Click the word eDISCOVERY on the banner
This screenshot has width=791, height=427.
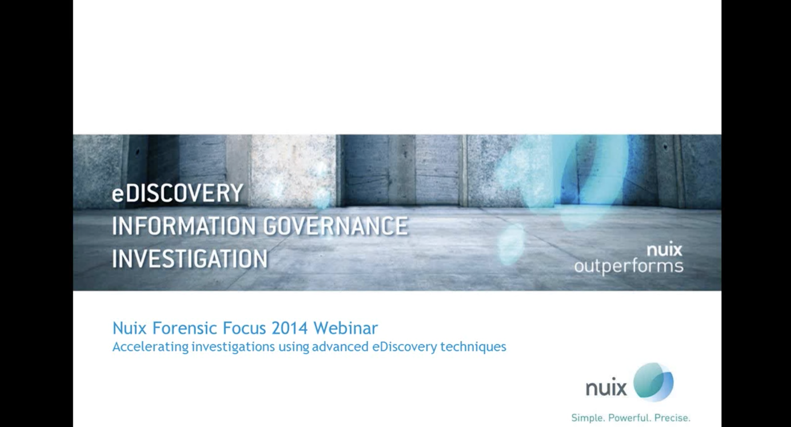pyautogui.click(x=177, y=193)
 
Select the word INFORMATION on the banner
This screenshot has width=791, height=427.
pyautogui.click(x=184, y=226)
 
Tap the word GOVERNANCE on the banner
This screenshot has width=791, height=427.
pyautogui.click(x=335, y=226)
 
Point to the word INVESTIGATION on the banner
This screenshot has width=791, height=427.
pyautogui.click(x=190, y=258)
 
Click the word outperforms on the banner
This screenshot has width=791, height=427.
pyautogui.click(x=629, y=266)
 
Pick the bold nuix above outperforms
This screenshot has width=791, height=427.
pyautogui.click(x=664, y=250)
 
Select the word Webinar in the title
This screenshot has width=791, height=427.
pyautogui.click(x=346, y=328)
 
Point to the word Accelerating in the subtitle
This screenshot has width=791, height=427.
pyautogui.click(x=151, y=347)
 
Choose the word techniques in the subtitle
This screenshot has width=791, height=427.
pyautogui.click(x=473, y=347)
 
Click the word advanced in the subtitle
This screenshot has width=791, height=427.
pyautogui.click(x=340, y=347)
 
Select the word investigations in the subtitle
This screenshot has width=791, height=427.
pyautogui.click(x=234, y=347)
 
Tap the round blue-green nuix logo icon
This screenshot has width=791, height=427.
pyautogui.click(x=653, y=382)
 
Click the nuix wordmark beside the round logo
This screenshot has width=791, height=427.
pyautogui.click(x=606, y=388)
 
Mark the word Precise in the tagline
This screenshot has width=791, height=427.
pyautogui.click(x=672, y=418)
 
